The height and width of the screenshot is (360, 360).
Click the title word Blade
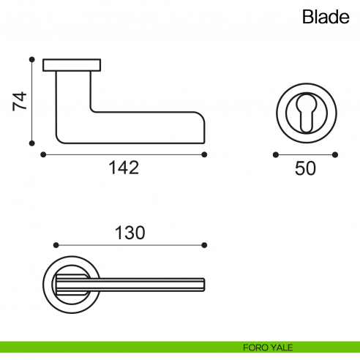pos(326,18)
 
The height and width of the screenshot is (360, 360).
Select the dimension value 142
pos(124,168)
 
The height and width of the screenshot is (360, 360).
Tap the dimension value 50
pos(305,168)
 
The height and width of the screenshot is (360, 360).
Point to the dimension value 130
pos(130,233)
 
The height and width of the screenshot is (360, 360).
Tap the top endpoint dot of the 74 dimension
pos(31,59)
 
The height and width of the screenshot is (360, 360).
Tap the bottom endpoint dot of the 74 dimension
pos(31,144)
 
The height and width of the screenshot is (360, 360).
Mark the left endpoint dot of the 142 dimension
pos(43,154)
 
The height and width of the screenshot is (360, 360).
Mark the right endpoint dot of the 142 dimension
pos(204,154)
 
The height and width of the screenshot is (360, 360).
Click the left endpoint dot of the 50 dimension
pos(275,154)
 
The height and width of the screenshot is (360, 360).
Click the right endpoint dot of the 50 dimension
pos(335,154)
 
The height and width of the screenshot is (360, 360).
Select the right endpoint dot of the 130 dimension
pos(205,244)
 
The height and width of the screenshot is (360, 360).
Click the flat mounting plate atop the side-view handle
pos(72,65)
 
